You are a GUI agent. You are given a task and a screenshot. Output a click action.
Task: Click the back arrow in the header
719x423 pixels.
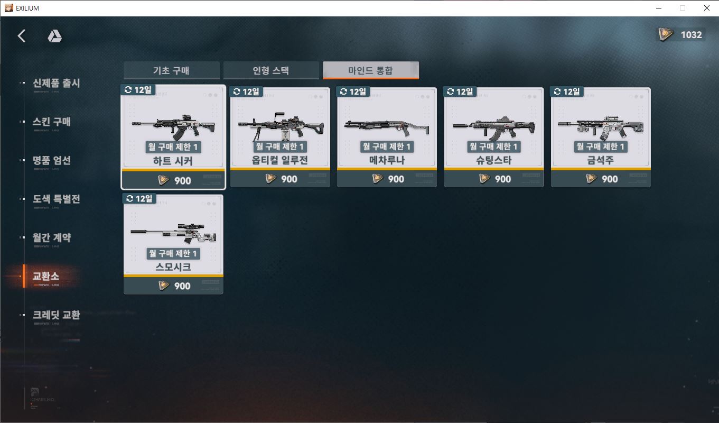[x=22, y=36]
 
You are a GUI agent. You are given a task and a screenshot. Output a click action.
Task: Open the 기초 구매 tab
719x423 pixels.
[x=171, y=70]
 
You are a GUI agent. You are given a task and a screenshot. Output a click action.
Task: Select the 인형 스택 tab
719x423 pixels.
[x=271, y=70]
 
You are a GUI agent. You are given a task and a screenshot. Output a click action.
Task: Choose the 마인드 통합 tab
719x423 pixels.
[x=370, y=70]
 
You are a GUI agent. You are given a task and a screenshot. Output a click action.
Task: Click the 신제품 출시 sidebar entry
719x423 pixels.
[x=56, y=84]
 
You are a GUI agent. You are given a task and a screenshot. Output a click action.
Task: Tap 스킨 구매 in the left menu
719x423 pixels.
[x=52, y=122]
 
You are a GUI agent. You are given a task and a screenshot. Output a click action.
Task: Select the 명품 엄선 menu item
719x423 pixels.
[x=52, y=161]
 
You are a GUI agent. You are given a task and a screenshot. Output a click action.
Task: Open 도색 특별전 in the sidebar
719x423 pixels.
[x=56, y=199]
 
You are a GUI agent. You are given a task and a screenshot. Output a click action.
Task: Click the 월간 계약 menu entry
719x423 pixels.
[x=52, y=238]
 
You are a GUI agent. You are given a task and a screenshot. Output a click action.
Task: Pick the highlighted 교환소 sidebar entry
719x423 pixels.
[x=46, y=277]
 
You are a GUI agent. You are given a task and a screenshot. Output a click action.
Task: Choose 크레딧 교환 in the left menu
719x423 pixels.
[x=56, y=315]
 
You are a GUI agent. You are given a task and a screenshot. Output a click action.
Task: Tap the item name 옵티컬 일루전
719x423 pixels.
[x=280, y=160]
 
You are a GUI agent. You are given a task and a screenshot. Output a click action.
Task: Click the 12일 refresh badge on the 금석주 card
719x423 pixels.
[x=567, y=92]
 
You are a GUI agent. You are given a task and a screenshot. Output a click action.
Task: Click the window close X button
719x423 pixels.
[x=706, y=8]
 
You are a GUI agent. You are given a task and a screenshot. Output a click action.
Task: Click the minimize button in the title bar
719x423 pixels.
[x=659, y=8]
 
